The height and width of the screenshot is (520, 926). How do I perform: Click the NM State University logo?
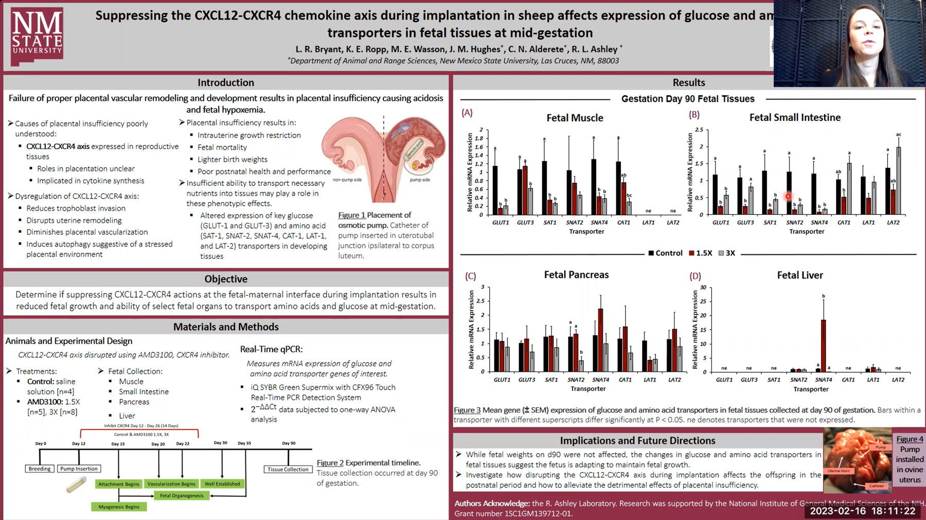37,36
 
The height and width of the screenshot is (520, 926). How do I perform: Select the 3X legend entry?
727,253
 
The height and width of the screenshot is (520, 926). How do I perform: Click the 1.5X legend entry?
701,253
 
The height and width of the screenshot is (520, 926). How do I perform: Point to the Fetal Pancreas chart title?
576,275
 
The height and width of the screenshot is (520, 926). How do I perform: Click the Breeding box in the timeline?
40,469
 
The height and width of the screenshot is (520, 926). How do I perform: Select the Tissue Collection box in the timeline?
288,470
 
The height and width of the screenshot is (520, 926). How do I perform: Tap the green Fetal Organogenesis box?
182,496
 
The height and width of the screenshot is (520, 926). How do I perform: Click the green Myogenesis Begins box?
119,507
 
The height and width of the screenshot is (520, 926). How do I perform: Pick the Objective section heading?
226,279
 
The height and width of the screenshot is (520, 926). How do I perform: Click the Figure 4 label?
910,439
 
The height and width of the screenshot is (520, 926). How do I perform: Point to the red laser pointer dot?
788,196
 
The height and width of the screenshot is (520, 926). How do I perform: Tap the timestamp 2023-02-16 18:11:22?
863,511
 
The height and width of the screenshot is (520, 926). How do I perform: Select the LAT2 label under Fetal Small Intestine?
893,222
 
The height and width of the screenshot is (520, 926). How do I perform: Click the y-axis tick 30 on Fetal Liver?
703,288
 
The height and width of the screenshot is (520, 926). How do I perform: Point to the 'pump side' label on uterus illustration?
420,180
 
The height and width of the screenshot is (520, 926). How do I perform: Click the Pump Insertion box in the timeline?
79,469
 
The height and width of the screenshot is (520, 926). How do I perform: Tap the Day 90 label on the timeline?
288,443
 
